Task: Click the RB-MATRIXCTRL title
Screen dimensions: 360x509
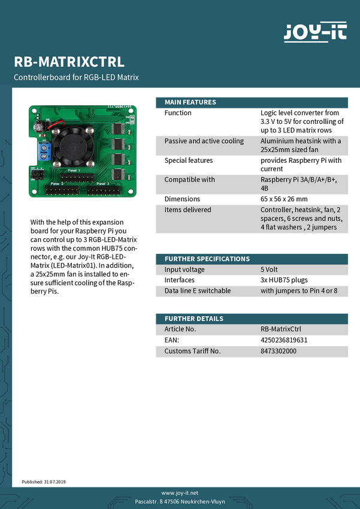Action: click(x=69, y=62)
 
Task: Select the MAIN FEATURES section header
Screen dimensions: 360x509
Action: click(x=190, y=102)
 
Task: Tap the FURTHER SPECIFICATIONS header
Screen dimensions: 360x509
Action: click(x=207, y=259)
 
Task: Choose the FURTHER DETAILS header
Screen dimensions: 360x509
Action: click(x=193, y=319)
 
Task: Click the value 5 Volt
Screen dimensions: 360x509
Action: click(x=269, y=269)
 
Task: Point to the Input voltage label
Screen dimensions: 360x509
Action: click(x=184, y=269)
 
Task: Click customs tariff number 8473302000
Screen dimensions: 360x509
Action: click(x=279, y=351)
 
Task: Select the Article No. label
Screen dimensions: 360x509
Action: click(x=180, y=329)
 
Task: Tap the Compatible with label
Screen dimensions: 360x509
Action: click(x=189, y=180)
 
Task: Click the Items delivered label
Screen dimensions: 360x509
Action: click(x=187, y=210)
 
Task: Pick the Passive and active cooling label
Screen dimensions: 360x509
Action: click(x=204, y=141)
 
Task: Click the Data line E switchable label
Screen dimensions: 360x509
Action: click(x=197, y=291)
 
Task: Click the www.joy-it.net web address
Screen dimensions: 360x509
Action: click(x=180, y=492)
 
